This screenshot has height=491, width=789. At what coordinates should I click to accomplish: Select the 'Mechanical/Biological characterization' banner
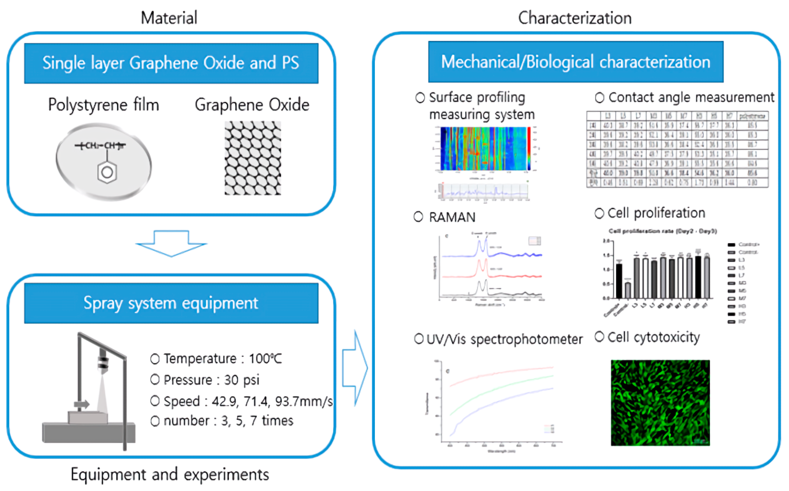(576, 62)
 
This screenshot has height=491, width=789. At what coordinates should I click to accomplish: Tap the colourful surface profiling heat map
(483, 148)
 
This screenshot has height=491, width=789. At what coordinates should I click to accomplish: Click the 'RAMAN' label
(452, 217)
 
